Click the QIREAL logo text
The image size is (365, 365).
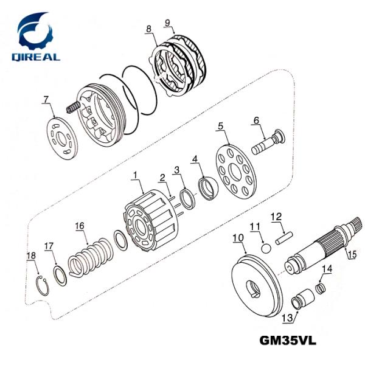coord(36,57)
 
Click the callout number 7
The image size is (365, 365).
coord(46,99)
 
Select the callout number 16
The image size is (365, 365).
coord(80,226)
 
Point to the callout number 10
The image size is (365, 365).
coord(238,238)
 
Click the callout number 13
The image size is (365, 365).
coord(287,318)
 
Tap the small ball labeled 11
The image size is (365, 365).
coord(266,248)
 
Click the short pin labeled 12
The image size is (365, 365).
coord(284,238)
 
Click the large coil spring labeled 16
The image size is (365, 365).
coord(91,257)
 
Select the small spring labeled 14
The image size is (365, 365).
coord(321,288)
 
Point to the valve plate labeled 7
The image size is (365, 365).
coord(61,139)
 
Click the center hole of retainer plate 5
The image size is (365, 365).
coord(235,172)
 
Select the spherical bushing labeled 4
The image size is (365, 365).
coord(208,189)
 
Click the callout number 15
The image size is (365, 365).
coord(353,254)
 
